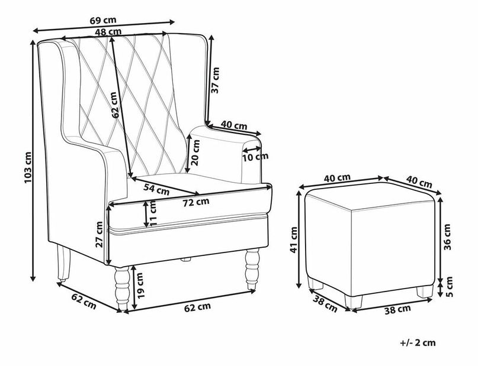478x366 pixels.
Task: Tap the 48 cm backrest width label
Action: pos(110,32)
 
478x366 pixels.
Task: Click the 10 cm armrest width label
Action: pos(255,156)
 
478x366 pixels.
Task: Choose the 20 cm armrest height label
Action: pos(194,153)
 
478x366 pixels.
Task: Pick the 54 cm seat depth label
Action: pos(157,190)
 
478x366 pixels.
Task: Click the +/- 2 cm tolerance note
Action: pos(417,342)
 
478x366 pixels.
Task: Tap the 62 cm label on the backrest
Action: pos(116,103)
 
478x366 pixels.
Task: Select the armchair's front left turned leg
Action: pos(121,290)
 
